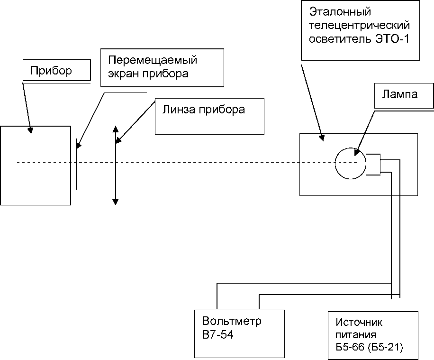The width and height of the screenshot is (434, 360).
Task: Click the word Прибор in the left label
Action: (x=51, y=71)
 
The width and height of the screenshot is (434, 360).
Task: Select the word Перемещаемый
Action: (x=153, y=60)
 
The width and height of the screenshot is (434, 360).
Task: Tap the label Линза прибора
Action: (x=203, y=110)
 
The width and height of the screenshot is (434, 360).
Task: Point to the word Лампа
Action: (x=400, y=94)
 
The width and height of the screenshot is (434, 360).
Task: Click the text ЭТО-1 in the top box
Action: (x=392, y=39)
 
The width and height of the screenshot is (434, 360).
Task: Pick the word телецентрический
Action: (x=359, y=25)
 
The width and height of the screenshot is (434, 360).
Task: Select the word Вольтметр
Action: (x=232, y=321)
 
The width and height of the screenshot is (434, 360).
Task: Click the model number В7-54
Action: (x=218, y=335)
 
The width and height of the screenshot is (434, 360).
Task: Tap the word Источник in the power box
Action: (x=359, y=323)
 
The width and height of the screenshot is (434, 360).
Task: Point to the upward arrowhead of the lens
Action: (x=116, y=129)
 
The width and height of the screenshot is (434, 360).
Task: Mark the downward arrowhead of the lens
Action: (x=116, y=202)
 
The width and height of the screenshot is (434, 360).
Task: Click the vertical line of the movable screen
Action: (x=76, y=164)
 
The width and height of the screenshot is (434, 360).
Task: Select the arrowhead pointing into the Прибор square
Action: (x=30, y=130)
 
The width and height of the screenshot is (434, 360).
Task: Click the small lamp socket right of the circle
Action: (x=373, y=164)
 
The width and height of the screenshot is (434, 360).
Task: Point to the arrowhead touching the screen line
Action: (x=79, y=146)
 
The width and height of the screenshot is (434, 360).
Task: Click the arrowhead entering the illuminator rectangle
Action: (x=322, y=138)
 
